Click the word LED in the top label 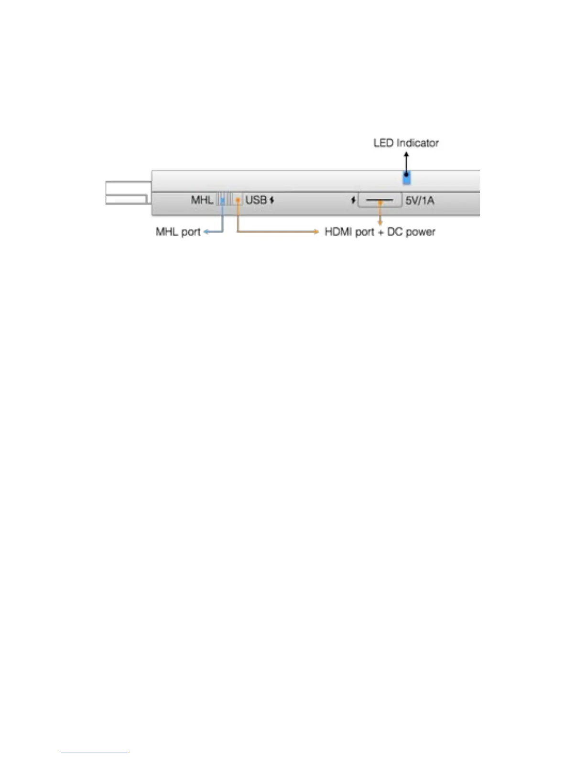point(384,143)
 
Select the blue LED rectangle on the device point(406,179)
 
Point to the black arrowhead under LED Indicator point(406,155)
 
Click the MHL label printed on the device point(202,200)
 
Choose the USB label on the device point(256,200)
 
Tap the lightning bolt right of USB point(272,200)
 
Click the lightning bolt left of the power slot point(353,200)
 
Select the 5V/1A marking point(420,200)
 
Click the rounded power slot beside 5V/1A point(379,200)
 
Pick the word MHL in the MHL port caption point(167,232)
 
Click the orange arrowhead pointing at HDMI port point(316,232)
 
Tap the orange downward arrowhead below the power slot point(380,222)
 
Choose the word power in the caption point(421,233)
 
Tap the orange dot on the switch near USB point(237,199)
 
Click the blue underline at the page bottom point(95,753)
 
